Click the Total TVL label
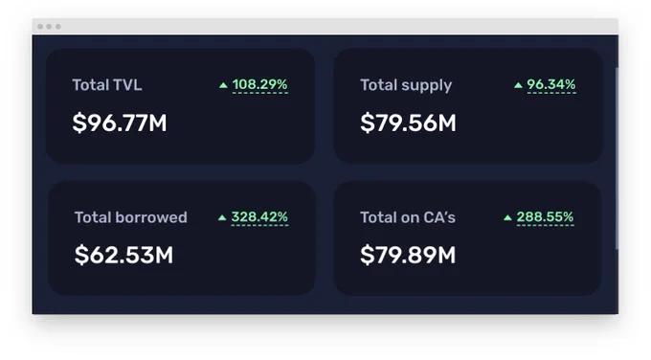pyautogui.click(x=107, y=85)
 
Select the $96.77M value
pyautogui.click(x=120, y=123)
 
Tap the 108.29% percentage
pyautogui.click(x=259, y=84)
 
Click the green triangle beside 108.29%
pyautogui.click(x=223, y=85)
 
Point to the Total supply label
pyautogui.click(x=406, y=85)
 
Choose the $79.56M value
pyautogui.click(x=408, y=123)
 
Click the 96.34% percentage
pyautogui.click(x=551, y=84)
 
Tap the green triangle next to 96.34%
pyautogui.click(x=518, y=85)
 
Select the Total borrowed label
pyautogui.click(x=131, y=217)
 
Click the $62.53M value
pyautogui.click(x=123, y=255)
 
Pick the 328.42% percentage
pyautogui.click(x=259, y=216)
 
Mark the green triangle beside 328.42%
pyautogui.click(x=222, y=217)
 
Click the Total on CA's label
pyautogui.click(x=408, y=217)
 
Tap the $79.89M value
pyautogui.click(x=408, y=255)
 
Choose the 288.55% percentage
pyautogui.click(x=545, y=216)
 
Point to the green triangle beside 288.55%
pyautogui.click(x=507, y=217)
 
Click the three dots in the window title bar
pyautogui.click(x=49, y=27)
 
